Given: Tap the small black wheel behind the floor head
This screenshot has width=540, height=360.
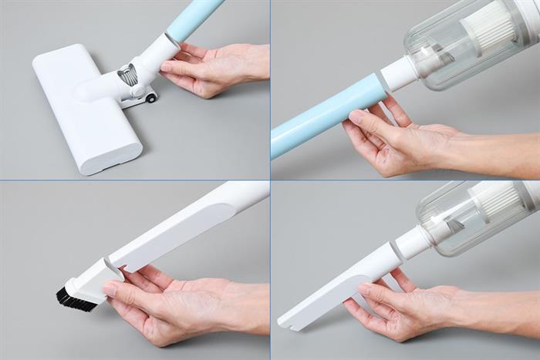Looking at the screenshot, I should [150, 98].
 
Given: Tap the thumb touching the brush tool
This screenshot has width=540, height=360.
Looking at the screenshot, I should [116, 291].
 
